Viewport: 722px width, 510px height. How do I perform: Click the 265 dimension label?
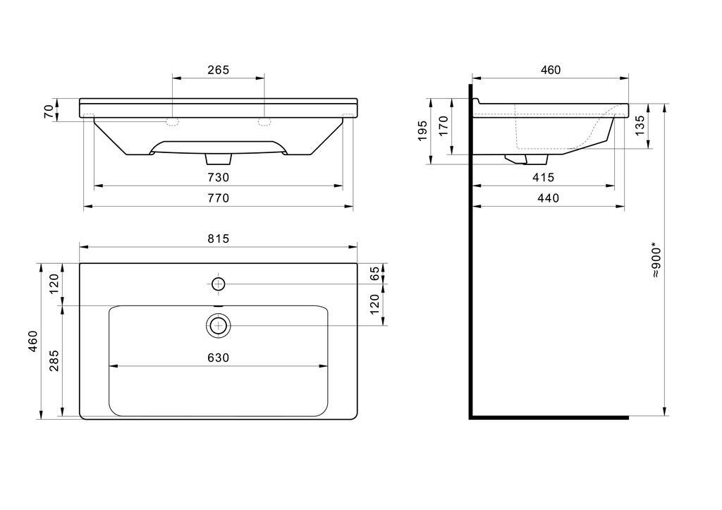point(218,70)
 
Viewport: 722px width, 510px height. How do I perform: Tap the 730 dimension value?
point(218,177)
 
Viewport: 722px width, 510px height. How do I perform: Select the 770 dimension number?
point(218,198)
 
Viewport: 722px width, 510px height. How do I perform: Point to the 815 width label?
point(218,238)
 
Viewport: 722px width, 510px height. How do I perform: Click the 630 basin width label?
point(218,358)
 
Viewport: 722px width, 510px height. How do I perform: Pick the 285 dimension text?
point(54,360)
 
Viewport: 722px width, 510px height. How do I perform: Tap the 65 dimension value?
point(375,273)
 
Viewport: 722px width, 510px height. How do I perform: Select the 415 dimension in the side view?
point(543,177)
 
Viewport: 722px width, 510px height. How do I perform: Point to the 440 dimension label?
point(548,198)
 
